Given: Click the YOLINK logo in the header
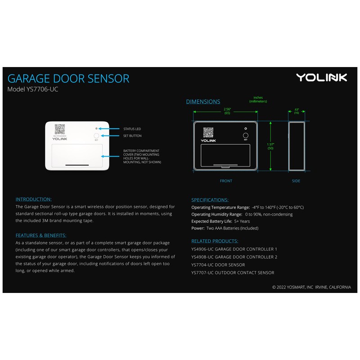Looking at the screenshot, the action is coord(321,77).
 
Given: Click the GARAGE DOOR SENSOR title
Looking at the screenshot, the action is coord(68,78).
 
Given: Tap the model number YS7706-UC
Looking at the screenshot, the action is coord(33,90).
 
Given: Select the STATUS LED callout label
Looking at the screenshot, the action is coord(132,129).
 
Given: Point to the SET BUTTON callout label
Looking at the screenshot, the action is coord(132,136).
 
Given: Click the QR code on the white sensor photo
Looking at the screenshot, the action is coord(60,130).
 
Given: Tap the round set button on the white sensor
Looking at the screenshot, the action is coord(96,135).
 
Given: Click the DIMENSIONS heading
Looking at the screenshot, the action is coord(203,102).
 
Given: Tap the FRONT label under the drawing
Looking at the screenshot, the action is coord(226,181).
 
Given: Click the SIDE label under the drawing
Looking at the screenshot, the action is coord(296,181).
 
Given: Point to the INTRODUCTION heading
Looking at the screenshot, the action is coord(34,199).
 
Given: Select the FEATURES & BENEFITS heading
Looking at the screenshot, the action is coord(41,235).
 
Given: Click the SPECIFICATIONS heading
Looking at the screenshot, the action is coord(210,200).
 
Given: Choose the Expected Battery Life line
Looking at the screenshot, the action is coord(220,221).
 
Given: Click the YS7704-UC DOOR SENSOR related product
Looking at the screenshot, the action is coord(218,265).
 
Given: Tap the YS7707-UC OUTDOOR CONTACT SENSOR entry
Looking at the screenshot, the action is coord(233,272).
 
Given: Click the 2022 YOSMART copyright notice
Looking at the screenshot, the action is coord(311,287).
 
